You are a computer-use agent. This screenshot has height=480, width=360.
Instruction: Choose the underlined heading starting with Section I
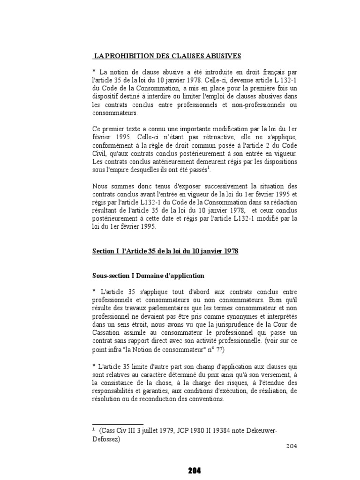(x=165, y=251)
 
